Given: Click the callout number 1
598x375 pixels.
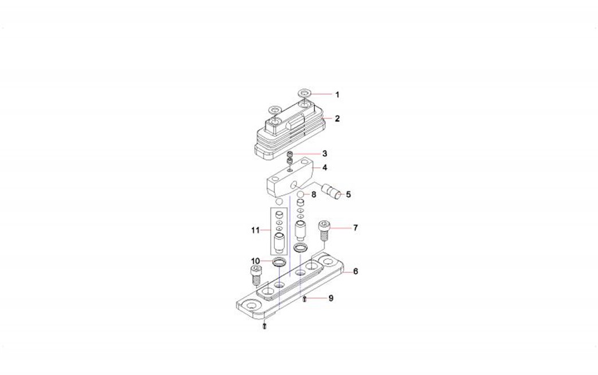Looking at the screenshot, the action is [337, 94].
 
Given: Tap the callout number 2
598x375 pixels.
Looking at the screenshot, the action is [337, 119].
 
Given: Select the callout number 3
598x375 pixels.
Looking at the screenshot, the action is [325, 153].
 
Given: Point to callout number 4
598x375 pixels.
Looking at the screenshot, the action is [325, 167].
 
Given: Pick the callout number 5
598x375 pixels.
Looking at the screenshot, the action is [348, 194].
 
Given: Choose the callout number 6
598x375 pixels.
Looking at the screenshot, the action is [356, 271].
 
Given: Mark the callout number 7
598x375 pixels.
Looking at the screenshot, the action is [356, 228].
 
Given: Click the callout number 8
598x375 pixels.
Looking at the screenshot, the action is [313, 194].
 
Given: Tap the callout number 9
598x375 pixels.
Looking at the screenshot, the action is [331, 298].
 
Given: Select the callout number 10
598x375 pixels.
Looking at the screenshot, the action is [255, 261].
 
